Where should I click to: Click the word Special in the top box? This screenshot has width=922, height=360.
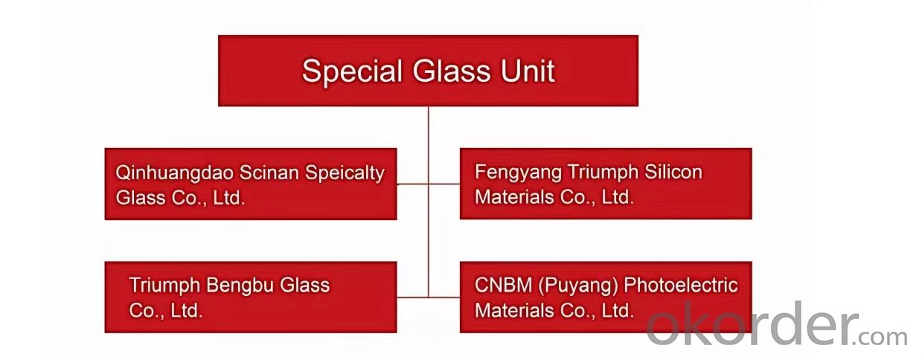tap(352, 72)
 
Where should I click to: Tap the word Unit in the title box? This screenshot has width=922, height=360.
tap(528, 71)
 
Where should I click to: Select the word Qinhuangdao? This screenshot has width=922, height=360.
tap(174, 173)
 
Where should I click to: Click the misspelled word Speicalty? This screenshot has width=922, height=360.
tap(345, 173)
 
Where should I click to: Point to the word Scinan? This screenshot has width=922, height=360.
tap(269, 173)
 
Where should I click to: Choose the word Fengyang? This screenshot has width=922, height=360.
tap(518, 173)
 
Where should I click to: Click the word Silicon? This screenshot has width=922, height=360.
tap(673, 172)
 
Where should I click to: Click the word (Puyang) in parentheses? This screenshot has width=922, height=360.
tap(578, 286)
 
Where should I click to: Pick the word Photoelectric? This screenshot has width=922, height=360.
tap(681, 285)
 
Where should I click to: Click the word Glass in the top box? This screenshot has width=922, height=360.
tap(452, 71)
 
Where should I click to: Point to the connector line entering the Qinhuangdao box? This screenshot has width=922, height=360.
tap(412, 184)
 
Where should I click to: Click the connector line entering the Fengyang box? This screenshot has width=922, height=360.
tap(444, 184)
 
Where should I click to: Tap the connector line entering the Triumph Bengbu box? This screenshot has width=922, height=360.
tap(412, 297)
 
